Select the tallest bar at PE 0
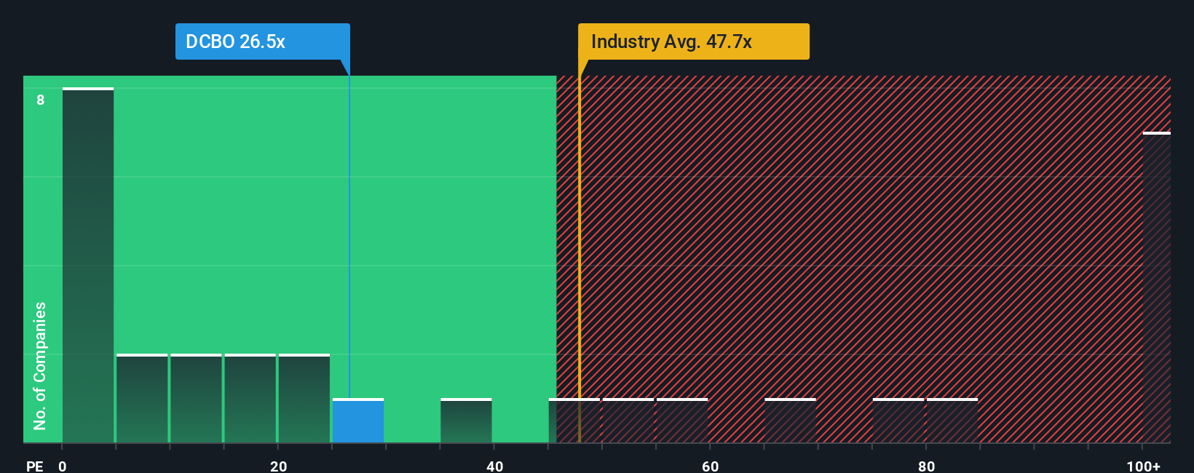point(88,266)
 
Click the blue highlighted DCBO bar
point(358,421)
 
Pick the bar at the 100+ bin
point(1156,287)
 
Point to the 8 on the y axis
point(41,100)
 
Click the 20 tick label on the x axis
point(278,466)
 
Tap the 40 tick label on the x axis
point(494,466)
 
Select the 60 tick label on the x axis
point(710,466)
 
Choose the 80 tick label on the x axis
point(926,466)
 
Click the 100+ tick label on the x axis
point(1143,466)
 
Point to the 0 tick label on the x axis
point(63,466)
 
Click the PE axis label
point(34,466)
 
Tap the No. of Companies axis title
point(40,365)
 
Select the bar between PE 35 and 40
point(466,421)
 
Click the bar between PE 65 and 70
point(790,421)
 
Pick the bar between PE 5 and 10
point(142,399)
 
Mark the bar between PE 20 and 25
point(304,399)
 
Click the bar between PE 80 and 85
point(952,421)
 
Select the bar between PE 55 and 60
point(682,421)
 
